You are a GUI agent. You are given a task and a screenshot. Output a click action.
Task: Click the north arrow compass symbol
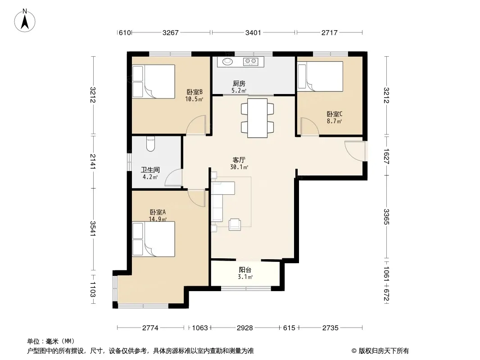coord(25,21)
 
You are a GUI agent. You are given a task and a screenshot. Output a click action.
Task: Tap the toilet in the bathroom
coord(150,144)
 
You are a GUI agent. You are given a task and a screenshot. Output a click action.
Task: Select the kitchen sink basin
coord(227,62)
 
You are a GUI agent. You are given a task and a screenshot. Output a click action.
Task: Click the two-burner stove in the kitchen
coord(250,62)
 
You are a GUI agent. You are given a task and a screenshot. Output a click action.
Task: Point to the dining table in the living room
coord(257,118)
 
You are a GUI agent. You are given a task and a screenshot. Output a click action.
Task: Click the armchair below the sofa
coord(235,224)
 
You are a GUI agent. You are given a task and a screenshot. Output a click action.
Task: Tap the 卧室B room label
coord(195,92)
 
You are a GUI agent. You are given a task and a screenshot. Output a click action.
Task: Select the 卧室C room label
coord(334,114)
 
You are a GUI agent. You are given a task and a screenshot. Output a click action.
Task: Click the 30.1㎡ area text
coord(239,167)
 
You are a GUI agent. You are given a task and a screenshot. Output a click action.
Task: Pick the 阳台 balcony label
coord(245,270)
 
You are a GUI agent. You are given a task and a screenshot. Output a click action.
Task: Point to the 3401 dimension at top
coord(253,32)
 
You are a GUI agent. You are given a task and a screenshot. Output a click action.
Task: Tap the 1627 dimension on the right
coord(386,156)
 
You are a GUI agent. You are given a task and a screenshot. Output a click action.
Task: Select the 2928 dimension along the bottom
coord(245,328)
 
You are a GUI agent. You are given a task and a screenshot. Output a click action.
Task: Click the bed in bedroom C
coord(320,76)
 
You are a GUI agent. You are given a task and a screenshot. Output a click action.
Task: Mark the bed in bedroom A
coord(154,239)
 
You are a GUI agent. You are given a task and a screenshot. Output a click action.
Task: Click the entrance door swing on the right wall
coord(355,151)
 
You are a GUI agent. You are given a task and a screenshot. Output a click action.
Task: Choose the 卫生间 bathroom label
coord(150,170)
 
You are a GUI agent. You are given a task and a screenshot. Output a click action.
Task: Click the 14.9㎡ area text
coord(158,219)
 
